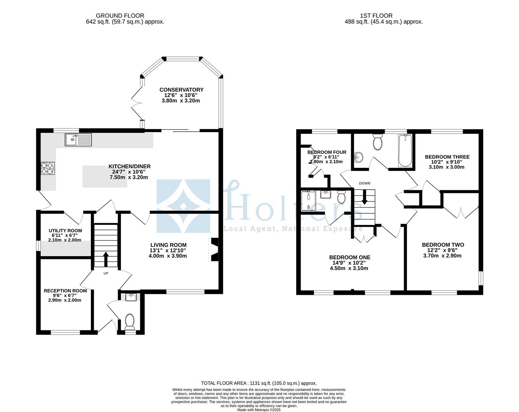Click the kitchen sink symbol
pyautogui.click(x=78, y=140)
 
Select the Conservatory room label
pyautogui.click(x=181, y=90)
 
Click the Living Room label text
pyautogui.click(x=168, y=245)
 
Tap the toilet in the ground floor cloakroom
pyautogui.click(x=130, y=321)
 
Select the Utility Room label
pyautogui.click(x=65, y=230)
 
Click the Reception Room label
pyautogui.click(x=65, y=291)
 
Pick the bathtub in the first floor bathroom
pyautogui.click(x=405, y=151)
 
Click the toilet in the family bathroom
pyautogui.click(x=378, y=142)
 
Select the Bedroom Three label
pyautogui.click(x=447, y=157)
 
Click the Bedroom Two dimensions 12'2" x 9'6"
pyautogui.click(x=443, y=250)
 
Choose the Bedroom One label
pyautogui.click(x=349, y=257)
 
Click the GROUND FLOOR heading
pyautogui.click(x=120, y=16)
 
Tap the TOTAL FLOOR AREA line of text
pyautogui.click(x=259, y=383)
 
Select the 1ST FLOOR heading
pyautogui.click(x=376, y=16)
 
